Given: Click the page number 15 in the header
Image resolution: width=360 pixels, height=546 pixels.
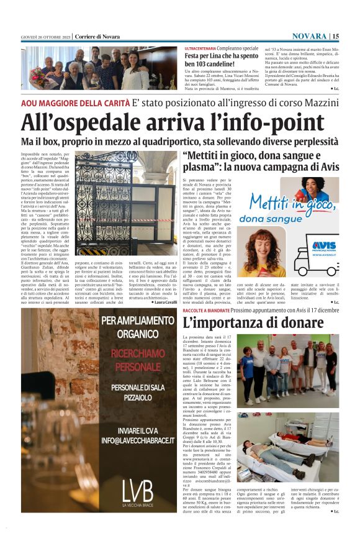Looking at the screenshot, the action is (x=352, y=36).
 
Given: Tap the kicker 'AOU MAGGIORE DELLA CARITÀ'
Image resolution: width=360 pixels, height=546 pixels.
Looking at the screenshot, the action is (x=74, y=102).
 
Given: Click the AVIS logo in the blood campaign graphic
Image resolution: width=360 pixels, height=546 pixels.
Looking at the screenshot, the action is (x=324, y=246).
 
